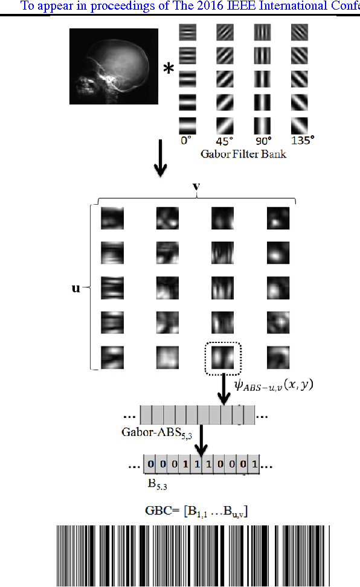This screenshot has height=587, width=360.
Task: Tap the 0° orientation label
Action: [186, 140]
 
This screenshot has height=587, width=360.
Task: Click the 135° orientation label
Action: [302, 140]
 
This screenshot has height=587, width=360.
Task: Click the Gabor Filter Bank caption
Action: [243, 153]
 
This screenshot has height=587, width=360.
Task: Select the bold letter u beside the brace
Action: [76, 288]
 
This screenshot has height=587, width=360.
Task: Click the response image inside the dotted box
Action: [223, 358]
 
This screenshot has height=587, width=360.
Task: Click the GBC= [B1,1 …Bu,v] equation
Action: [196, 511]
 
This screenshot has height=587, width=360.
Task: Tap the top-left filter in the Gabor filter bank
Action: [188, 31]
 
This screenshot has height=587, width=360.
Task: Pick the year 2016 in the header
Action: [191, 7]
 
